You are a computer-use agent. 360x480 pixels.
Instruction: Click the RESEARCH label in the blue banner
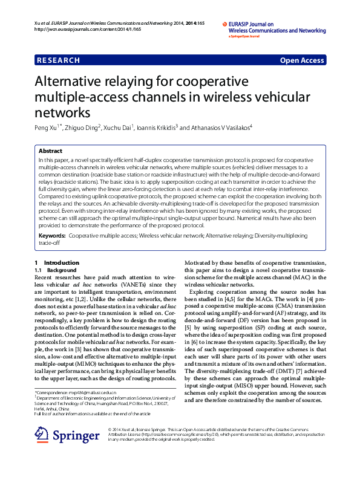58,60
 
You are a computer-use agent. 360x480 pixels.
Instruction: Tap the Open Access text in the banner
302,60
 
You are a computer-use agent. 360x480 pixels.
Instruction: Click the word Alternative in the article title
71,82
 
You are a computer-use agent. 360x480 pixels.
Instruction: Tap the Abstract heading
50,151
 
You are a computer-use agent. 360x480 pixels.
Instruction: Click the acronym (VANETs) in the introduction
129,284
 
